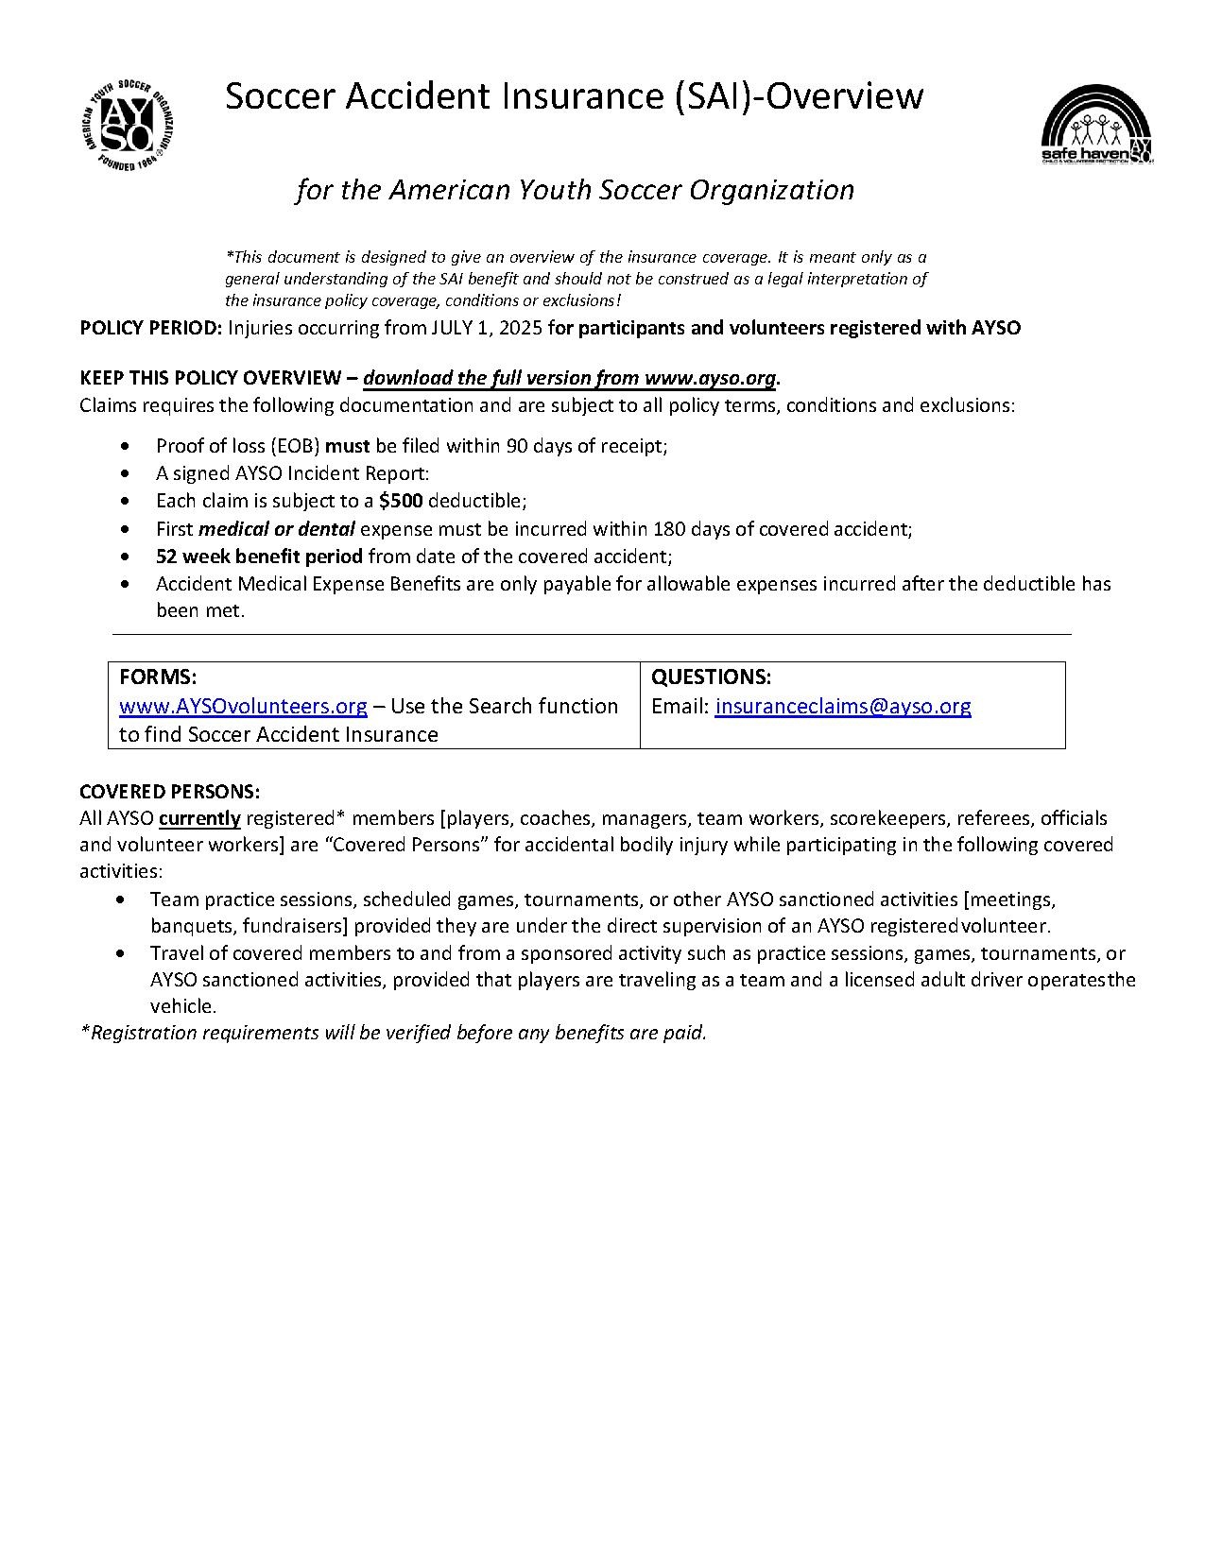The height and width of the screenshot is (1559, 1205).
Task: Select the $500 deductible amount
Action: coord(401,501)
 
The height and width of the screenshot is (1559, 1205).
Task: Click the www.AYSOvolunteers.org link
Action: coord(243,706)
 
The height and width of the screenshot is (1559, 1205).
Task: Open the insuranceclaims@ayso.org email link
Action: coord(843,706)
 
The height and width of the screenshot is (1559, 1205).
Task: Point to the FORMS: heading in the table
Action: coord(158,677)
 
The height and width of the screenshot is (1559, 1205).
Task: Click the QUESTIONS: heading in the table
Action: coord(712,677)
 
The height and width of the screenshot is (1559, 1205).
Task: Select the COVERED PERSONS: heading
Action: coord(169,791)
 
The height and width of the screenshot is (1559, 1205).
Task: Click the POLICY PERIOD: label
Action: coord(151,328)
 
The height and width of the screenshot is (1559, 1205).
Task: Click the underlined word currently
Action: coord(199,818)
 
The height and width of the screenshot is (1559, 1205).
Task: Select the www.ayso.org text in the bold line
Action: coord(710,378)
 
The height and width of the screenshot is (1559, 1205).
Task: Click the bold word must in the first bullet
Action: coord(347,446)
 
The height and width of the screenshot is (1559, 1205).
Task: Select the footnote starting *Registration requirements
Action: coord(393,1033)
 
